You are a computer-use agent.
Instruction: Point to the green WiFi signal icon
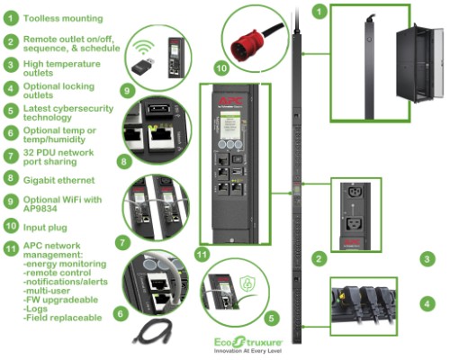(x=145, y=44)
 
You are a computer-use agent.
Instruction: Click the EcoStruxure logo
(x=246, y=341)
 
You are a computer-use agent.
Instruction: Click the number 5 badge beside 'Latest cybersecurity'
(x=11, y=112)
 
